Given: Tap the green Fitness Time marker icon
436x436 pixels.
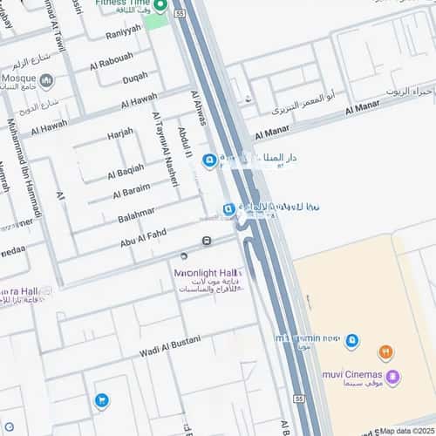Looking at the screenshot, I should [160, 6].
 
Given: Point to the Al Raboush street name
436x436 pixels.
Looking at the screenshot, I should [112, 62].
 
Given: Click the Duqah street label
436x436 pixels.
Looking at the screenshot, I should [134, 78].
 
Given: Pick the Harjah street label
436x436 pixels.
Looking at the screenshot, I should [120, 133].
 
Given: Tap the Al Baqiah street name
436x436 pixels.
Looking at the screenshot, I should [126, 168].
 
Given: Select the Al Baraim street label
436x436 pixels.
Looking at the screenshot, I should [129, 189].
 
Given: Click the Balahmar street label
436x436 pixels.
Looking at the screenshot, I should [137, 213].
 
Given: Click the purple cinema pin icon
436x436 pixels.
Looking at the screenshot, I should [393, 377].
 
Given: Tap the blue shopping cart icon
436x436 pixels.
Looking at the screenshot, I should [102, 400].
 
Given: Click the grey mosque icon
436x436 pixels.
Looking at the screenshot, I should [46, 80].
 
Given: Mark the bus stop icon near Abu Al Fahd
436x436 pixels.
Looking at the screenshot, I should [206, 241].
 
